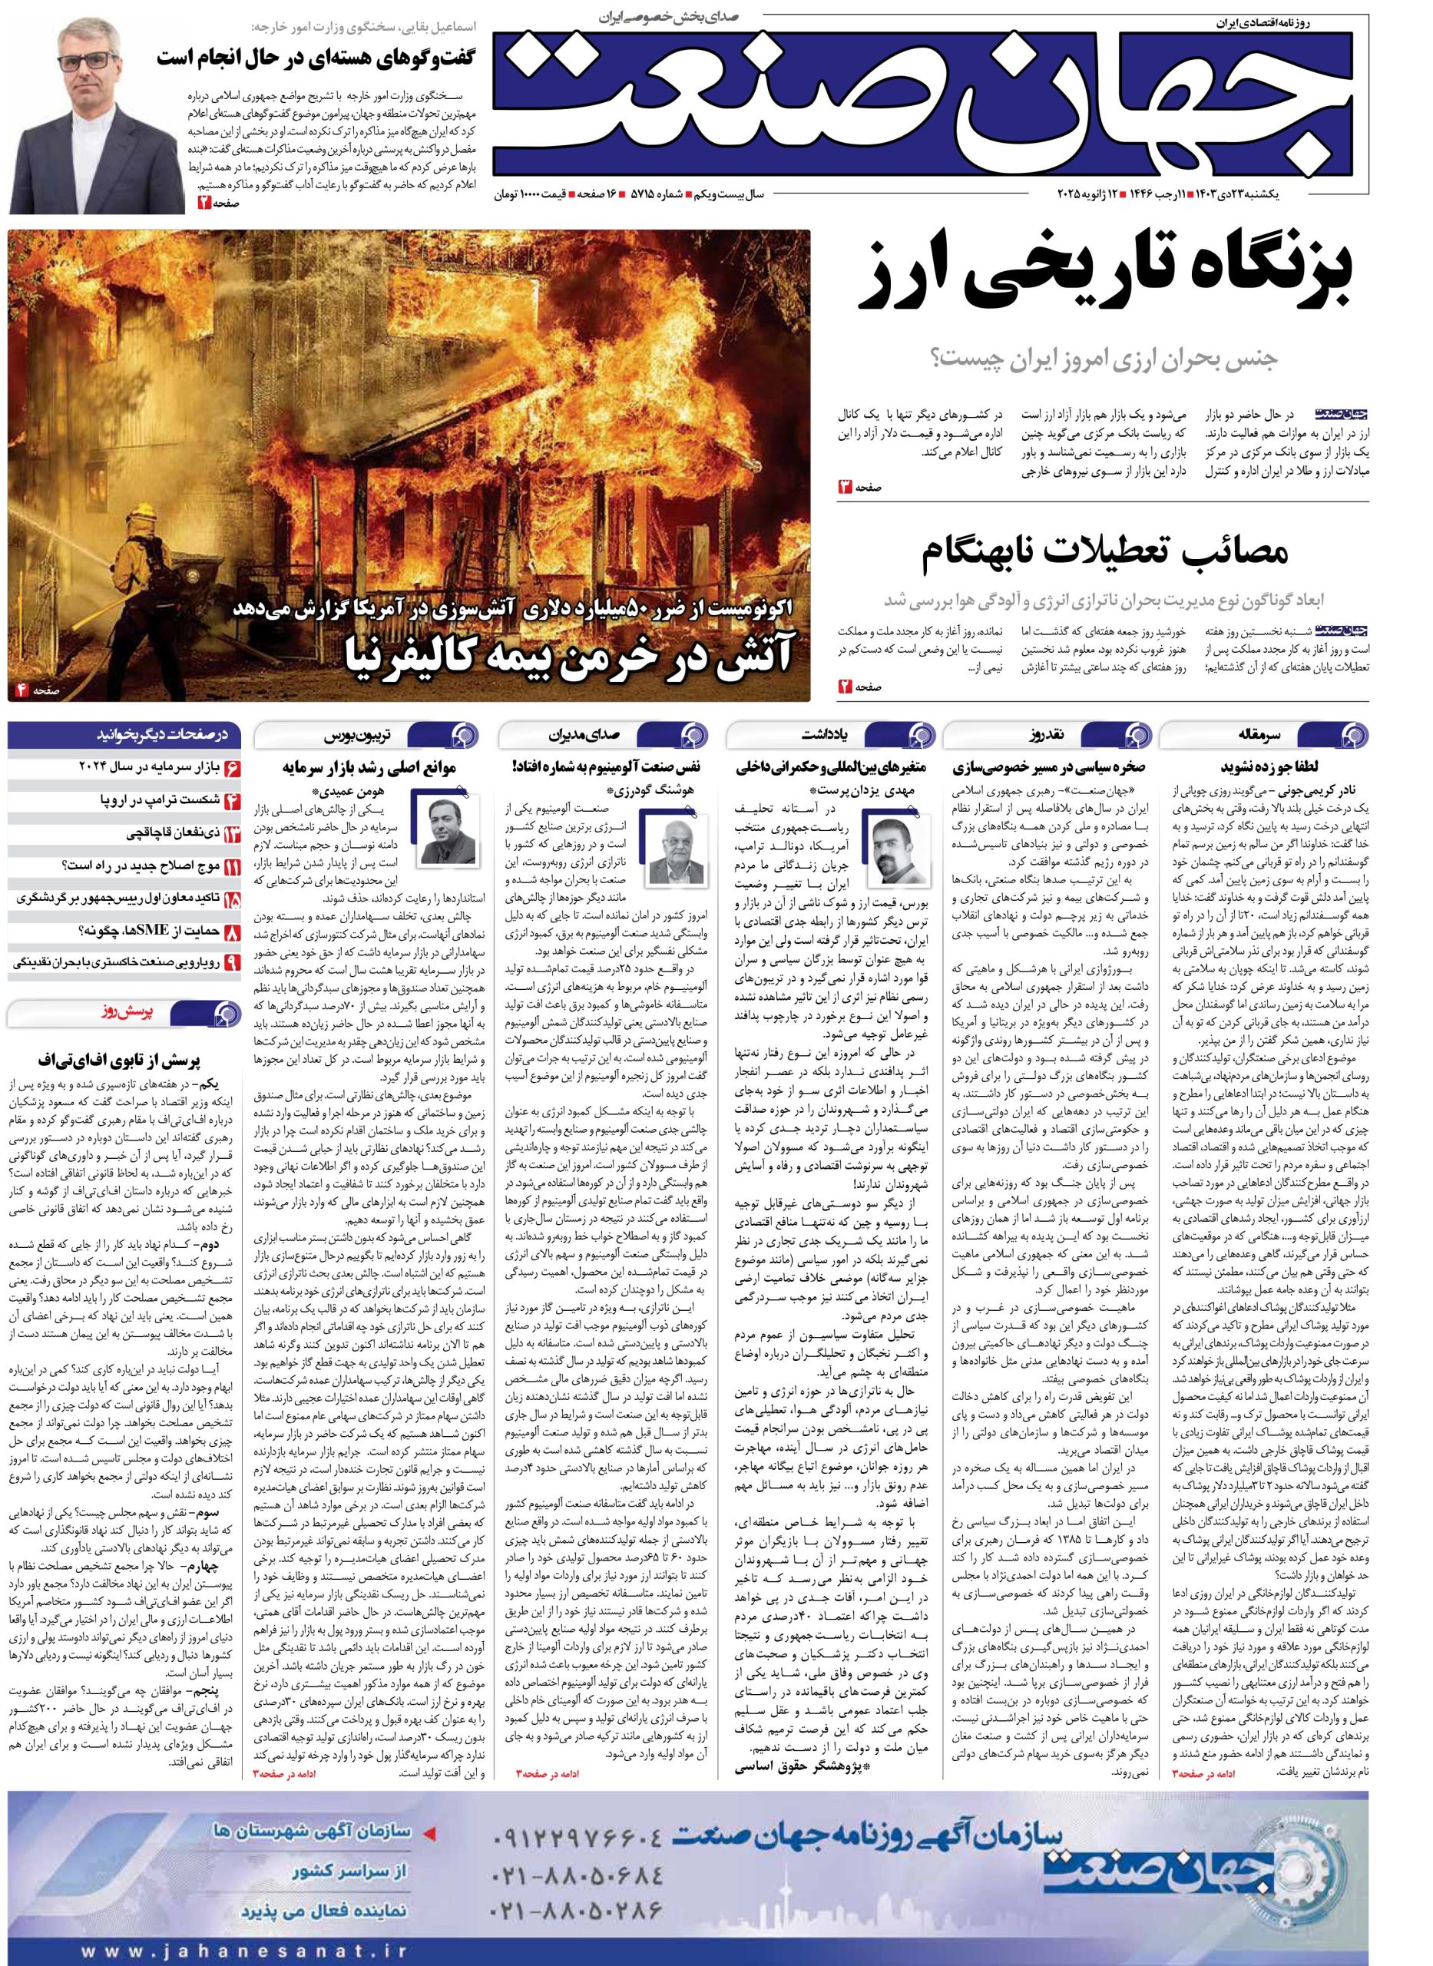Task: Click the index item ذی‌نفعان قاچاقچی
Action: (x=167, y=833)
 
